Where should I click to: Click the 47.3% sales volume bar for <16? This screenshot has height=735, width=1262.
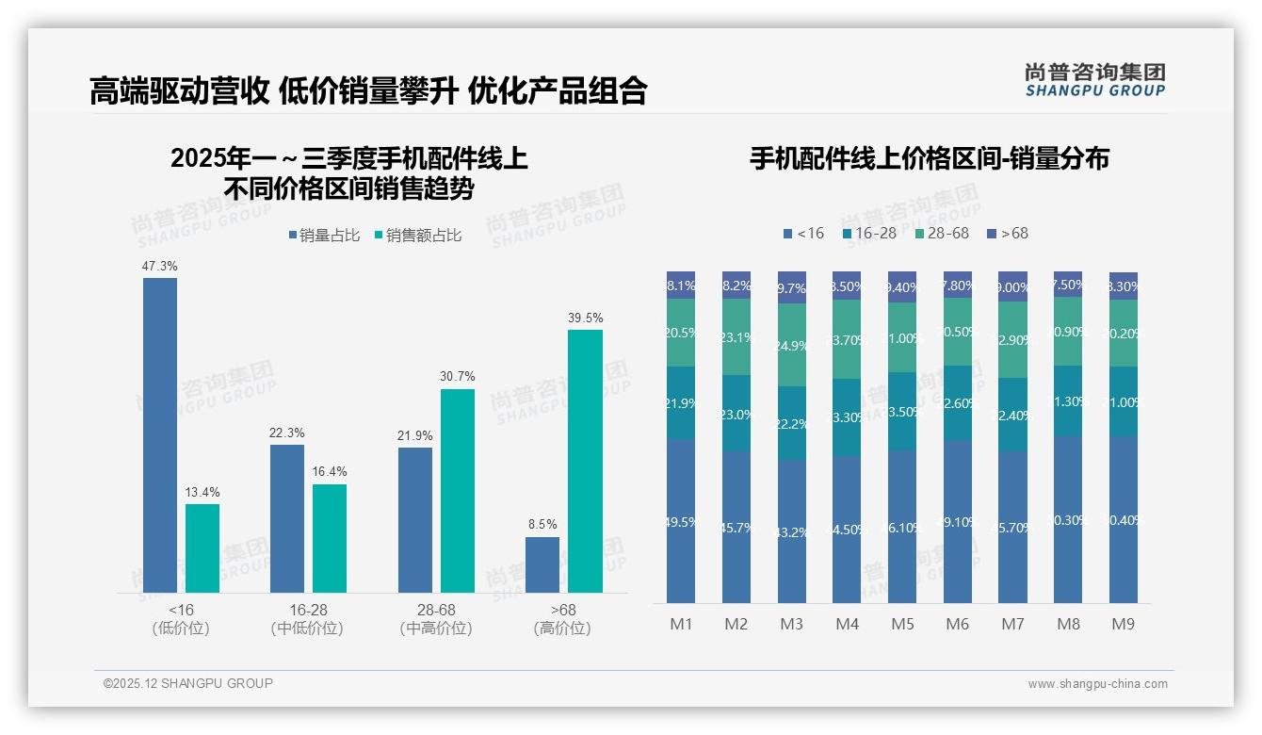160,434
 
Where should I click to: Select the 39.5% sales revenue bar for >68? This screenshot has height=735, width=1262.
585,461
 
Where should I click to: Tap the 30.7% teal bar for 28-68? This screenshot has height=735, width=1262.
457,490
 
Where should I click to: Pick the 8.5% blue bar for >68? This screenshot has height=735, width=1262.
542,564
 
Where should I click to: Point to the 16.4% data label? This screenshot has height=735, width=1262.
330,471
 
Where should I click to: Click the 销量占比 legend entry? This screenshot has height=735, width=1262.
323,236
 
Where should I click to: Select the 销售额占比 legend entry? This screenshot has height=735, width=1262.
417,236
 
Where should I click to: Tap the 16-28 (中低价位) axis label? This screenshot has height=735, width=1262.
307,619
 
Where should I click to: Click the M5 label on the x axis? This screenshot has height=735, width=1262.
901,624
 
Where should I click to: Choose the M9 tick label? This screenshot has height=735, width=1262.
1123,624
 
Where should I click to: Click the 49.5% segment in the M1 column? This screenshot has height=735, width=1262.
680,521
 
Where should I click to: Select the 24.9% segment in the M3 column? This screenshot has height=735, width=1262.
791,345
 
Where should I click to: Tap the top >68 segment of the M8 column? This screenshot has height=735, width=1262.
1067,285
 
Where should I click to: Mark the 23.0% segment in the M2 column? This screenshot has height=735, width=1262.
736,414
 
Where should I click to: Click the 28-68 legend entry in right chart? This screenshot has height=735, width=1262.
941,233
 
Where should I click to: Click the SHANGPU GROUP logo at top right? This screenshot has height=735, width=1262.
1094,80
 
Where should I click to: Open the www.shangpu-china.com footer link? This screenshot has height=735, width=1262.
1097,684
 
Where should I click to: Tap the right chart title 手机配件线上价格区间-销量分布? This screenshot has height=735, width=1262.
929,158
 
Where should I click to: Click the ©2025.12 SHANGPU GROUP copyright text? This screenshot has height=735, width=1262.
188,683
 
